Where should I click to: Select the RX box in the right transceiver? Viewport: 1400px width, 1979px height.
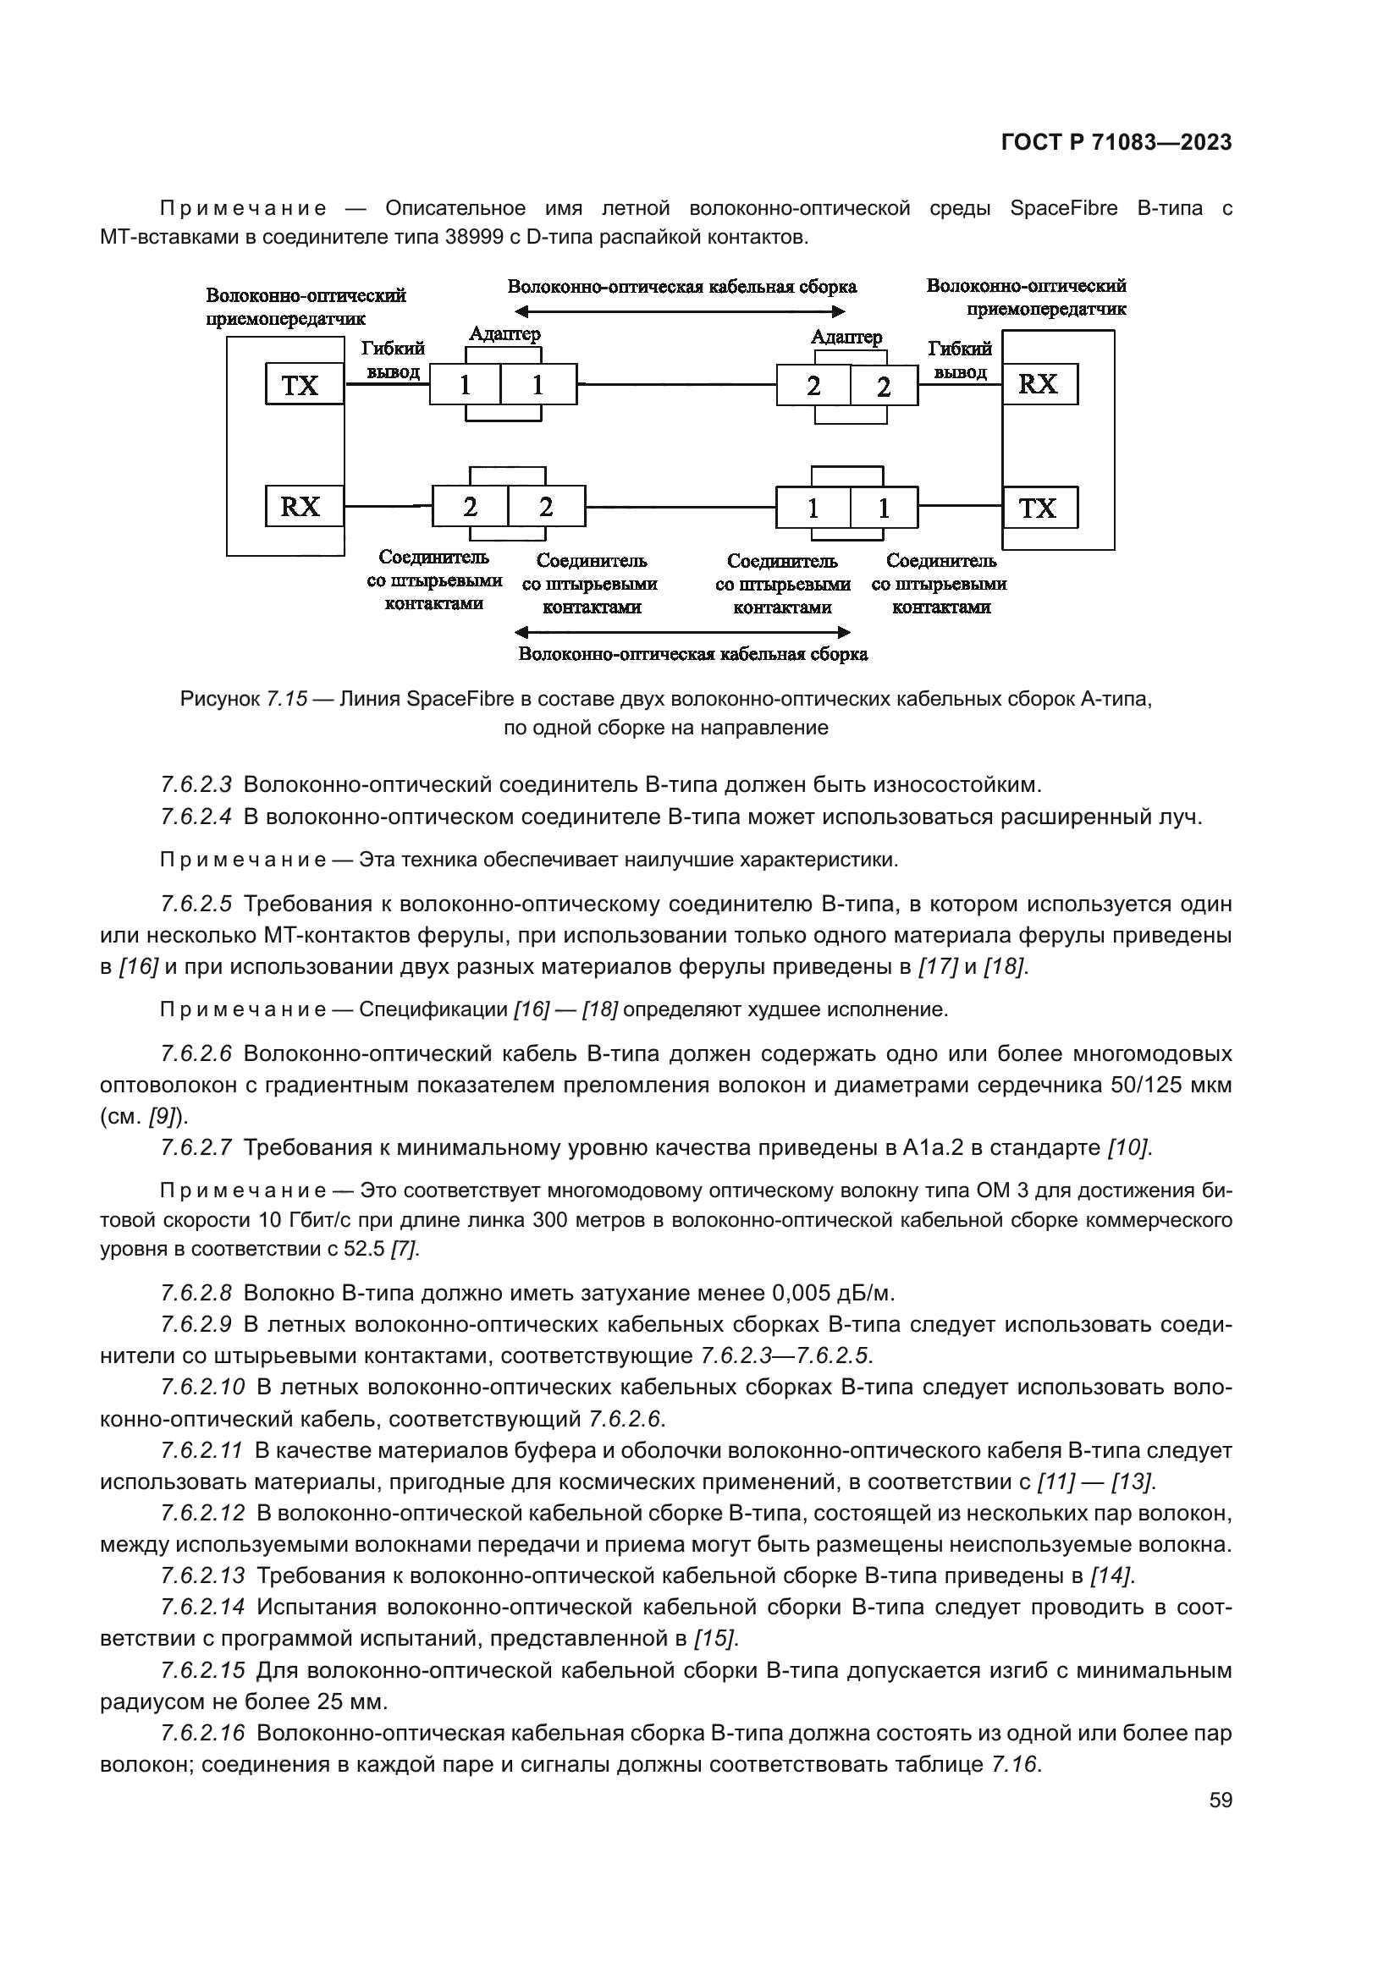tap(1039, 384)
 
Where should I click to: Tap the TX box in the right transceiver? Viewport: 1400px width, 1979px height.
tap(1039, 508)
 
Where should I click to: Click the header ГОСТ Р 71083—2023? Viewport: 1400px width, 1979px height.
tap(1116, 143)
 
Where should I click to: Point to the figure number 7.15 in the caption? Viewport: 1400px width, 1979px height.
tap(286, 699)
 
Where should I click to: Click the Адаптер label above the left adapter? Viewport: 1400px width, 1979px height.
tap(504, 333)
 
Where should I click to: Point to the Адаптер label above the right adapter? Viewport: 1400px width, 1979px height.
tap(846, 337)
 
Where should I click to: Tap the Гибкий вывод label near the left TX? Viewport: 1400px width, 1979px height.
tap(392, 360)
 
